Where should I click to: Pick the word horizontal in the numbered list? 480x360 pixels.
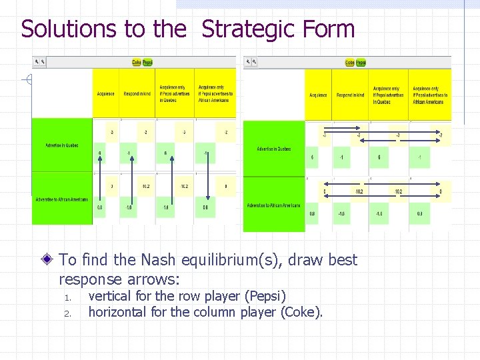coord(121,311)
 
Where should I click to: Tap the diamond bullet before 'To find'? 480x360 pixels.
coord(50,259)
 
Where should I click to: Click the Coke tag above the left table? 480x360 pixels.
coord(137,62)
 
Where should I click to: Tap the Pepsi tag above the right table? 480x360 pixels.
coord(361,63)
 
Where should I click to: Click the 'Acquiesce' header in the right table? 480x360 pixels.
coord(318,95)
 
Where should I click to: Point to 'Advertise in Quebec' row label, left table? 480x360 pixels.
coord(62,145)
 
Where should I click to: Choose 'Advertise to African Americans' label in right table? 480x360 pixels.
coord(273,205)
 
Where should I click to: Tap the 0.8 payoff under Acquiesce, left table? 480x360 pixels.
coord(100,207)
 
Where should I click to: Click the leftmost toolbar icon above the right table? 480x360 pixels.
coord(247,62)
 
